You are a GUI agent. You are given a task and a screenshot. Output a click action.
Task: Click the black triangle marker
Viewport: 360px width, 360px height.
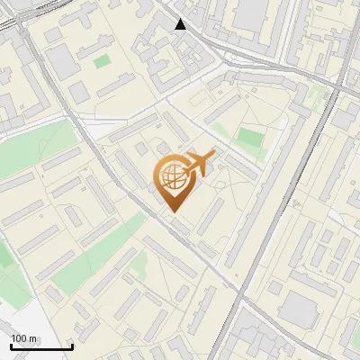(x=180, y=24)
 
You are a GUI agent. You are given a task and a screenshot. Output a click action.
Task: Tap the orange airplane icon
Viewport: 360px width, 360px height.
(x=199, y=164)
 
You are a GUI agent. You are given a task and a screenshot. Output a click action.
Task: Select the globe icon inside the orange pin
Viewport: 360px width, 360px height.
(x=172, y=176)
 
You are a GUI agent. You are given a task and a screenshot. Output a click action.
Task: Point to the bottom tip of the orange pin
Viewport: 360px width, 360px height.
(x=172, y=211)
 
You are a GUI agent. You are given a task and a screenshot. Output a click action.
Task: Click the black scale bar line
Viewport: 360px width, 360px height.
(x=41, y=346)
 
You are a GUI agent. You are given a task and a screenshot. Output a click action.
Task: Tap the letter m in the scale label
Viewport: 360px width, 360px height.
(x=32, y=338)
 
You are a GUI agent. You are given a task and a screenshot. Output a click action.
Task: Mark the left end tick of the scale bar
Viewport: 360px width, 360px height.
(x=12, y=345)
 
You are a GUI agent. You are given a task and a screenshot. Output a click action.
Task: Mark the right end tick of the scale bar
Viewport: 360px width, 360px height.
(x=72, y=345)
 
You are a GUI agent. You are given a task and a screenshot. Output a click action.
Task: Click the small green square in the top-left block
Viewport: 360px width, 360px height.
(x=102, y=62)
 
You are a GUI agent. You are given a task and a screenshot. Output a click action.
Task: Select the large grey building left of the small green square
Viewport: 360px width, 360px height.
(x=63, y=61)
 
